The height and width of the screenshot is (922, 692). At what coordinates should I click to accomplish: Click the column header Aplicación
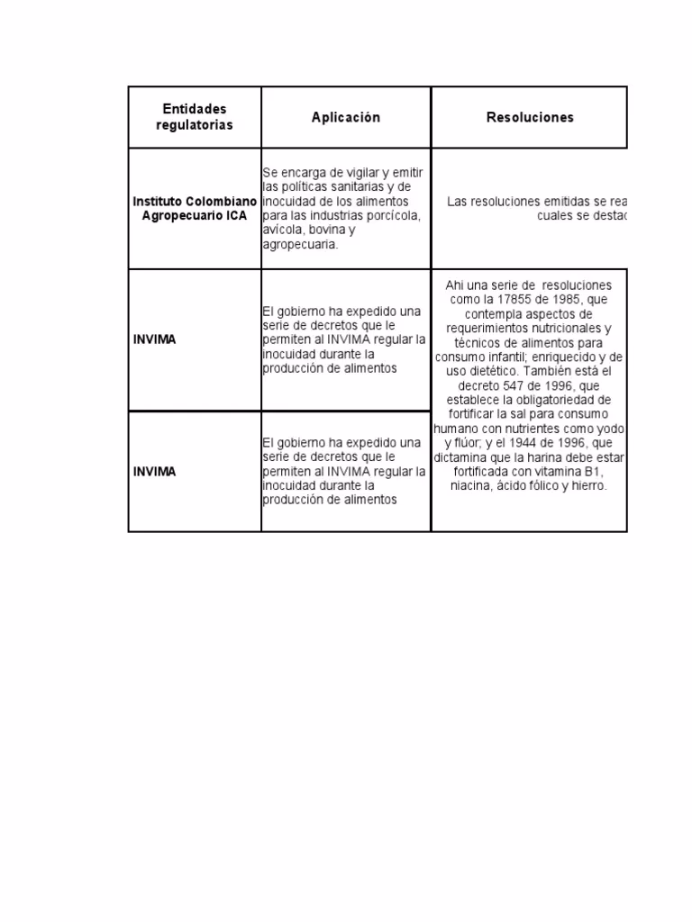click(x=346, y=118)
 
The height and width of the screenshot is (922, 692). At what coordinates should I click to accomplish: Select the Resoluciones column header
click(x=530, y=118)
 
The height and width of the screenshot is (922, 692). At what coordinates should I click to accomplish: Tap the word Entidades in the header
click(x=194, y=109)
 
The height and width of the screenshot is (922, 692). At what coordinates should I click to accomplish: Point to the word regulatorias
click(x=194, y=125)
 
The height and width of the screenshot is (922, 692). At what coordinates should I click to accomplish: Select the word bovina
click(x=315, y=230)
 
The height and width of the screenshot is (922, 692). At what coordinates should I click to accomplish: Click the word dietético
click(x=490, y=371)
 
